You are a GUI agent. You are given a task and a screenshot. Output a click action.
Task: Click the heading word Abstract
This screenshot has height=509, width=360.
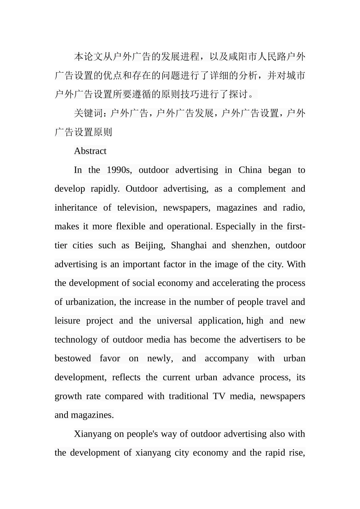click(x=90, y=151)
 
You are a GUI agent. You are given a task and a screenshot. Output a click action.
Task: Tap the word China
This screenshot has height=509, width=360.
click(x=250, y=170)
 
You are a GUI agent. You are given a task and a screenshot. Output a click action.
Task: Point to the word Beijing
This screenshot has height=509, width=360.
click(x=150, y=245)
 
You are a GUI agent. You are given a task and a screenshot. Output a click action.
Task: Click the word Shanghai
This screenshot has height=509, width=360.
click(x=189, y=245)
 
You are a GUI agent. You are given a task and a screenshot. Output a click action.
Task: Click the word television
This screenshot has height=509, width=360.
click(x=136, y=208)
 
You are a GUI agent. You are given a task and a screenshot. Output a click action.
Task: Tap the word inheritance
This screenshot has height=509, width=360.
click(x=76, y=208)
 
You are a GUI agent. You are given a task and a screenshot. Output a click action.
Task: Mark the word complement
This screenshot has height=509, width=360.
click(x=261, y=189)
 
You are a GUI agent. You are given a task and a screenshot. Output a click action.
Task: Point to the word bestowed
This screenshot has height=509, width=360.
click(x=73, y=359)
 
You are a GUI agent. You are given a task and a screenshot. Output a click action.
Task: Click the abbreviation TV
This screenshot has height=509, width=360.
click(x=219, y=397)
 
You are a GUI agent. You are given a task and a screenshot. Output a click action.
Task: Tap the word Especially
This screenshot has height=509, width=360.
click(x=236, y=226)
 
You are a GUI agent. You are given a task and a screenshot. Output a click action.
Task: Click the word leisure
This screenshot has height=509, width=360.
click(x=67, y=321)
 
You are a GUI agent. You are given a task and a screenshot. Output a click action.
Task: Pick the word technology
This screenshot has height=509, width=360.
click(x=76, y=340)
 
